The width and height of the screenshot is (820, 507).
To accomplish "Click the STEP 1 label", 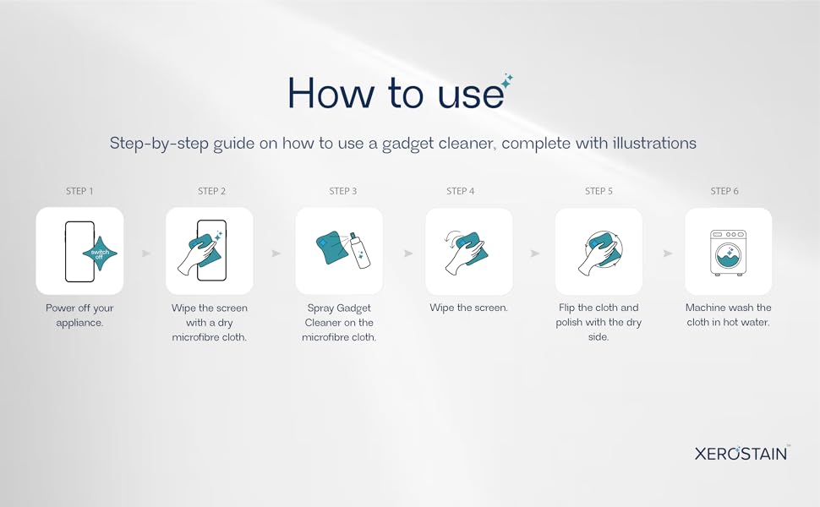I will [79, 191].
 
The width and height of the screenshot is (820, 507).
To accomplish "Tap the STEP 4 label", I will [461, 191].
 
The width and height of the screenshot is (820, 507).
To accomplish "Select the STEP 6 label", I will [724, 191].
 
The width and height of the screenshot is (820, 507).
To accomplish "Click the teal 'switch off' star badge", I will [101, 252].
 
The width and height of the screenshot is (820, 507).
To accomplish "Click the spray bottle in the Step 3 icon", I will [360, 252].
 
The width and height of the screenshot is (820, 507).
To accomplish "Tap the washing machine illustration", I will [728, 252].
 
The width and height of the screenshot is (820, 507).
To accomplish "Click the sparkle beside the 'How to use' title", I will [507, 81].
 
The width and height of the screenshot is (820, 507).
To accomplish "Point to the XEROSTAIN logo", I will [741, 453].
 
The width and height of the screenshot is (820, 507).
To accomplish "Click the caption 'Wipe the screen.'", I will [468, 308].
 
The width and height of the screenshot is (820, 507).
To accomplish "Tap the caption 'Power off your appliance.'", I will [79, 315].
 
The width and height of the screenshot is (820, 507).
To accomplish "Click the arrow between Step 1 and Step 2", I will [145, 253].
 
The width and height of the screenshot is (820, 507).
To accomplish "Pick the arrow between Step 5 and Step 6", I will [667, 253].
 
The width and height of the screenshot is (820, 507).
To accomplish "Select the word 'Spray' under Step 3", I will [321, 308].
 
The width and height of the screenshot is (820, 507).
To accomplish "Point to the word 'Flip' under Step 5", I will [568, 308].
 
